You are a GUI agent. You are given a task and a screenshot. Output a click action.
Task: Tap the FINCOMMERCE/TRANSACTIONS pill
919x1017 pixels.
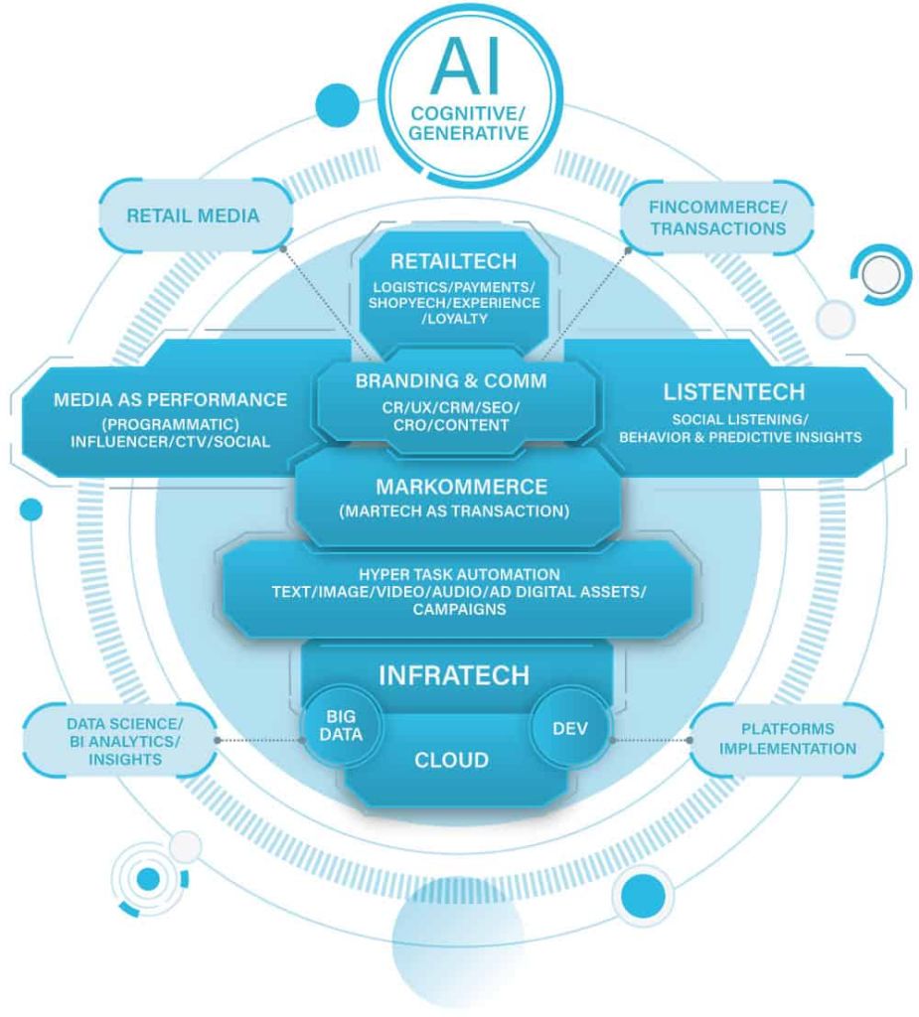coord(717,218)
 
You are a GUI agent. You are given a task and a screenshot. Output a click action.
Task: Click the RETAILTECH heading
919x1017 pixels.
coord(453,261)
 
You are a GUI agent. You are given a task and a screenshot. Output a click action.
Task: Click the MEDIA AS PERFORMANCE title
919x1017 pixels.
coord(171,399)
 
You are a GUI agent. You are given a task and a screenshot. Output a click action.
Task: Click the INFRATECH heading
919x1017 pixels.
coord(452,675)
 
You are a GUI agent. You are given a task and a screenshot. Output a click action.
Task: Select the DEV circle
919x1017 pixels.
coord(570,727)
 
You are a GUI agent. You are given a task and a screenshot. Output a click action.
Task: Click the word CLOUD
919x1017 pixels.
coord(451,761)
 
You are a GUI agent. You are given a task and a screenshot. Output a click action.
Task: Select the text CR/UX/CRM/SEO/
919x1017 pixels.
coord(452,406)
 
